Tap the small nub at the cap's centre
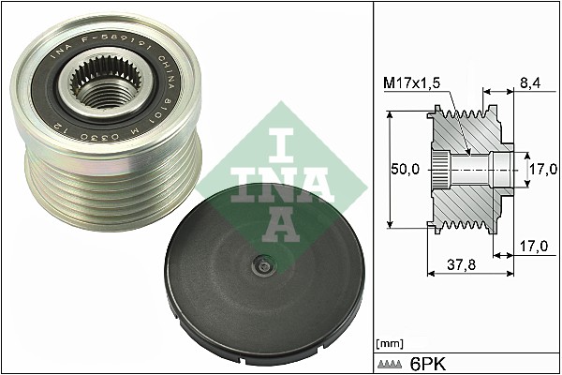pyautogui.click(x=263, y=268)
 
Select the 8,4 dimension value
pyautogui.click(x=528, y=82)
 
